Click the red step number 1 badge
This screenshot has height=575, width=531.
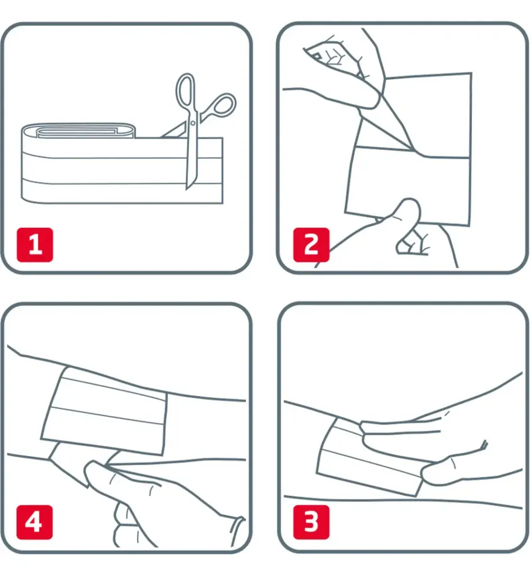point(35,245)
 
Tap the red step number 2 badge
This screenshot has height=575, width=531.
point(311,245)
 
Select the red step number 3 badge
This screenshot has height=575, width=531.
point(311,522)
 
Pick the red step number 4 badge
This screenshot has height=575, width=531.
point(34,522)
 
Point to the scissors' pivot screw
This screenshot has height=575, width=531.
point(193,123)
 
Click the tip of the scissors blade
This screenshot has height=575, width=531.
point(187,189)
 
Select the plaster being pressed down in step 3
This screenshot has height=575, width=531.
point(370,458)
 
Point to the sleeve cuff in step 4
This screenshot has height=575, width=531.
point(237,532)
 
